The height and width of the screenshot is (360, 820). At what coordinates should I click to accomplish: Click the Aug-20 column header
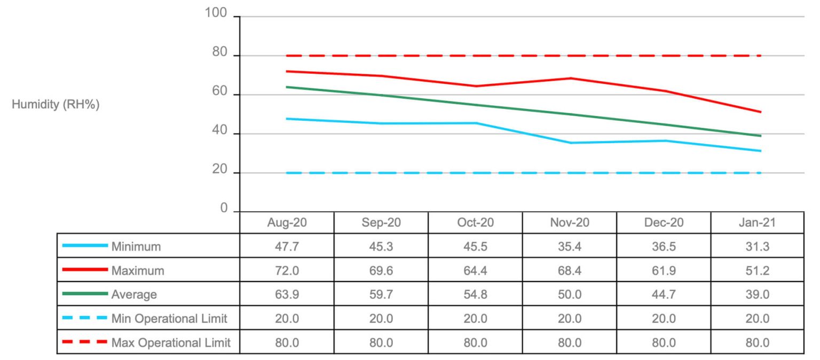click(x=287, y=223)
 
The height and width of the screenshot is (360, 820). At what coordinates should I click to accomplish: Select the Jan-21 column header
click(x=757, y=223)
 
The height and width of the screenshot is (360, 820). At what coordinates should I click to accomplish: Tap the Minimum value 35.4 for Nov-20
click(x=569, y=247)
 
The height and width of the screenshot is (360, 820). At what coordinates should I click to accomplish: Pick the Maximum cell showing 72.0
click(x=287, y=271)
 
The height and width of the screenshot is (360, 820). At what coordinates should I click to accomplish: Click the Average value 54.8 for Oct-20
click(x=475, y=295)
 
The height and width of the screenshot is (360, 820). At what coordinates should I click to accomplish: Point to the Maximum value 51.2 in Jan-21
click(x=757, y=271)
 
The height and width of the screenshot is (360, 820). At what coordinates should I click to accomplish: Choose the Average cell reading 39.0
click(x=757, y=295)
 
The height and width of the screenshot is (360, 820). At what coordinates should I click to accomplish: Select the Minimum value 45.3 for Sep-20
click(x=381, y=247)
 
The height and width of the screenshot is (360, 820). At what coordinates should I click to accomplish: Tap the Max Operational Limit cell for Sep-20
click(x=381, y=342)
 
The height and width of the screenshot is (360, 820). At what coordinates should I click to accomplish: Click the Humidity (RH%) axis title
click(x=56, y=105)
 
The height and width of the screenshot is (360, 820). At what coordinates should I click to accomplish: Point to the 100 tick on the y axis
click(x=216, y=14)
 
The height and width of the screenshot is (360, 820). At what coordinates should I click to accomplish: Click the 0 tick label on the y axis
click(x=225, y=209)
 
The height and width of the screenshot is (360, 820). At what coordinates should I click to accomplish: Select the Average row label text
click(x=134, y=295)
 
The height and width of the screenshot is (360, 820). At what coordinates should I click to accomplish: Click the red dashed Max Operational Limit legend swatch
click(x=84, y=342)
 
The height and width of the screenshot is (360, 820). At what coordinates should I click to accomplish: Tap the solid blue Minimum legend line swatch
click(x=84, y=246)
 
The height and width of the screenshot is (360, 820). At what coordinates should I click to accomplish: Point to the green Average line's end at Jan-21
click(x=760, y=136)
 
